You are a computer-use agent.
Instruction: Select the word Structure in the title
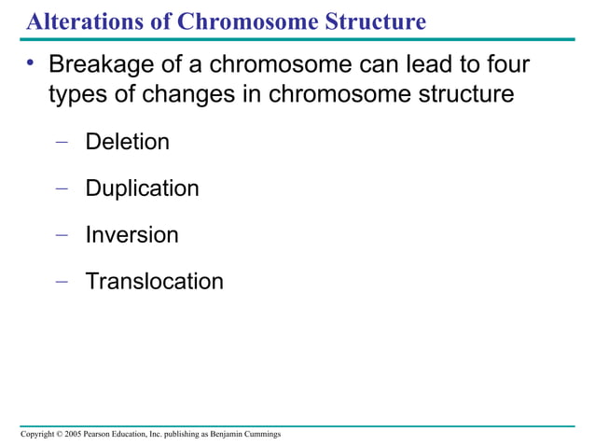tap(374, 20)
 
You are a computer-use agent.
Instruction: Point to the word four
tap(505, 66)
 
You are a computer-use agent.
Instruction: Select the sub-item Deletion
tap(127, 143)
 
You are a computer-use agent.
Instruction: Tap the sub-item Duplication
tap(142, 188)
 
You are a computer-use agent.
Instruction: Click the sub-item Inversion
tap(131, 234)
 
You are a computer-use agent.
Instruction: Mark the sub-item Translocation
tap(154, 281)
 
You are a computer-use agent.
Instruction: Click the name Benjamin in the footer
tap(231, 436)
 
